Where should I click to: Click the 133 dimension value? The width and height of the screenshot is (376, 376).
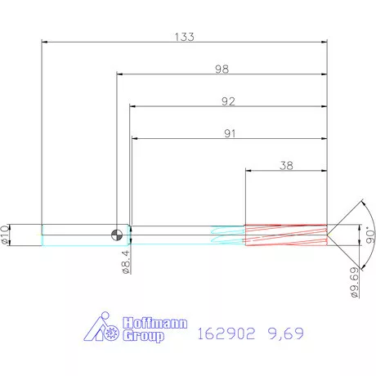click(x=184, y=37)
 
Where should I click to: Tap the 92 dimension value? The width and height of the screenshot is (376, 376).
click(x=228, y=101)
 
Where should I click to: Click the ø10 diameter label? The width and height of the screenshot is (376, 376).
click(x=6, y=235)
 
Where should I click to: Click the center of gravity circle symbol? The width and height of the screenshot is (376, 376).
click(x=120, y=235)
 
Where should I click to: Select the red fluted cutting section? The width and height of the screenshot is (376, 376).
click(x=286, y=235)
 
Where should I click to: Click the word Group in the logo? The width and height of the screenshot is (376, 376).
click(x=143, y=335)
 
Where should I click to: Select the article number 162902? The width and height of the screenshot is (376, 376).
click(x=228, y=333)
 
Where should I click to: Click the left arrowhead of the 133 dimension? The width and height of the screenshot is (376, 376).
click(x=45, y=42)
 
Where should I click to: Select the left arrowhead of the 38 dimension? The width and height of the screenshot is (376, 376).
click(x=249, y=170)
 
